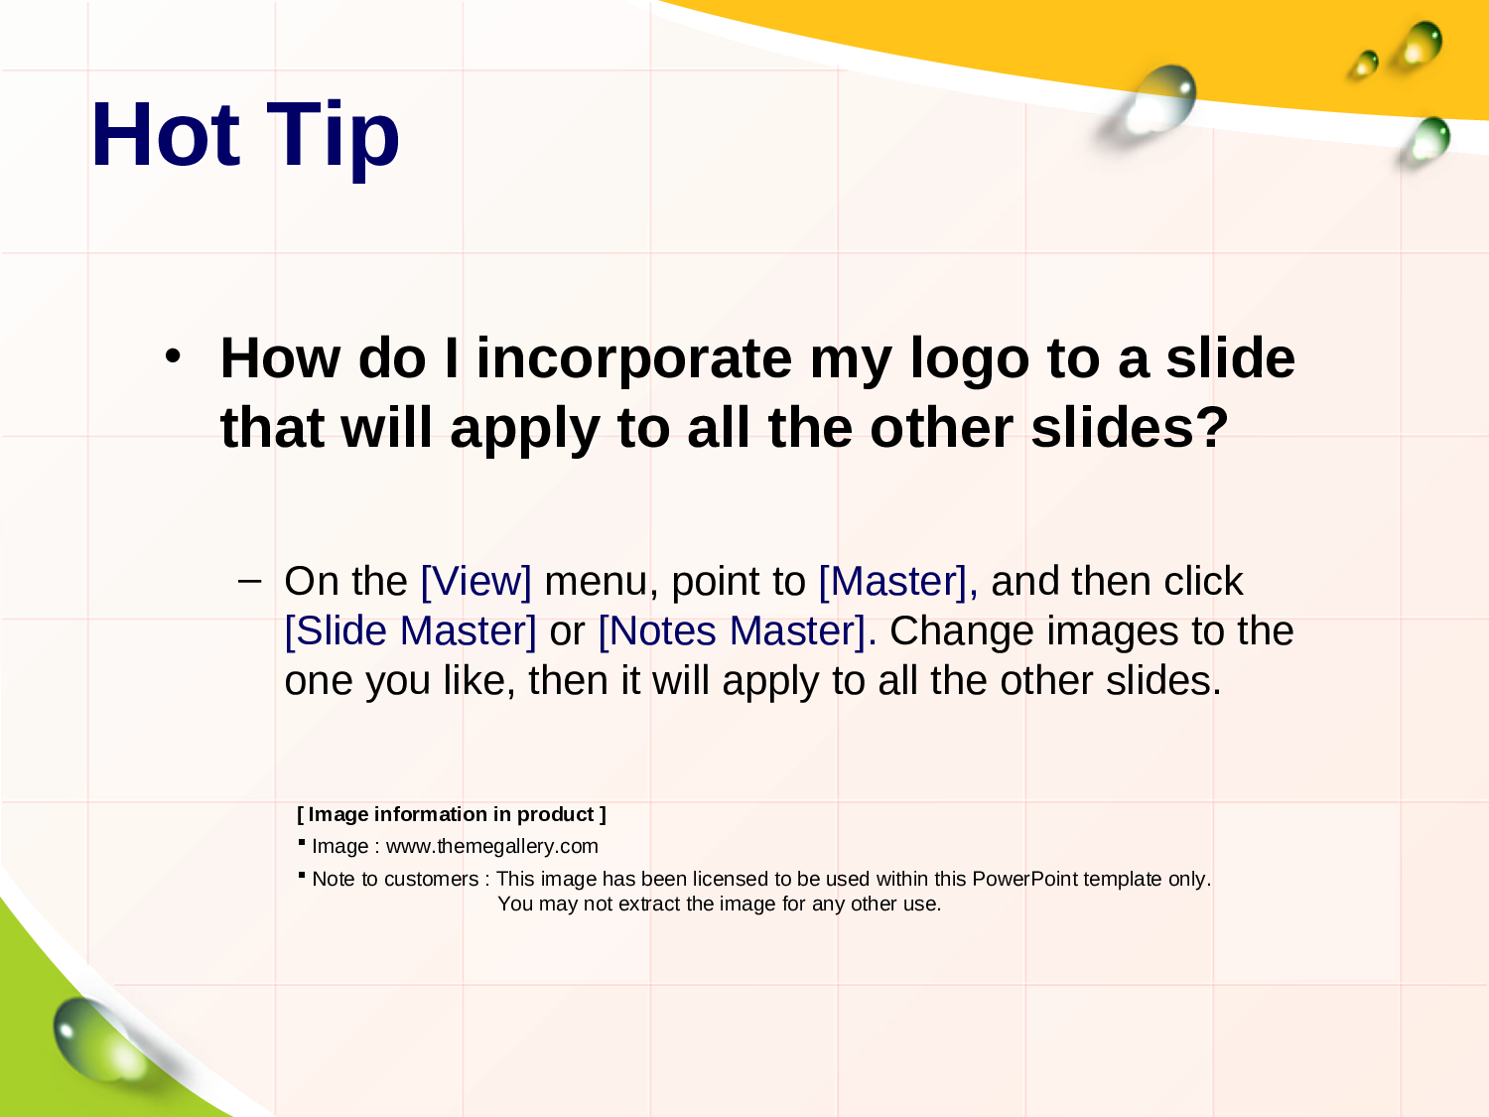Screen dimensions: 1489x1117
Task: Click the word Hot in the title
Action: pyautogui.click(x=166, y=134)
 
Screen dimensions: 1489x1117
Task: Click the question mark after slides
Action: pyautogui.click(x=1212, y=427)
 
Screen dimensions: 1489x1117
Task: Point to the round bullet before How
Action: pyautogui.click(x=173, y=356)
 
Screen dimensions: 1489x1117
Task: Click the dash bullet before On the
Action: pyautogui.click(x=249, y=581)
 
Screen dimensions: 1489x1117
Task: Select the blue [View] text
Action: pyautogui.click(x=476, y=582)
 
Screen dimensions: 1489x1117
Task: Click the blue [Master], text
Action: pyautogui.click(x=898, y=582)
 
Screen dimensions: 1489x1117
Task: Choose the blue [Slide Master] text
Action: pyautogui.click(x=410, y=631)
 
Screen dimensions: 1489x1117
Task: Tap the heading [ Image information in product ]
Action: pyautogui.click(x=452, y=814)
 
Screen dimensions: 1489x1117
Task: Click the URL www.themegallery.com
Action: pyautogui.click(x=491, y=846)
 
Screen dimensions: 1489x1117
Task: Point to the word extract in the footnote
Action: pyautogui.click(x=649, y=905)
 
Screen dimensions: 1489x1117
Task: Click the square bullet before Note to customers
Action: pyautogui.click(x=302, y=875)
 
